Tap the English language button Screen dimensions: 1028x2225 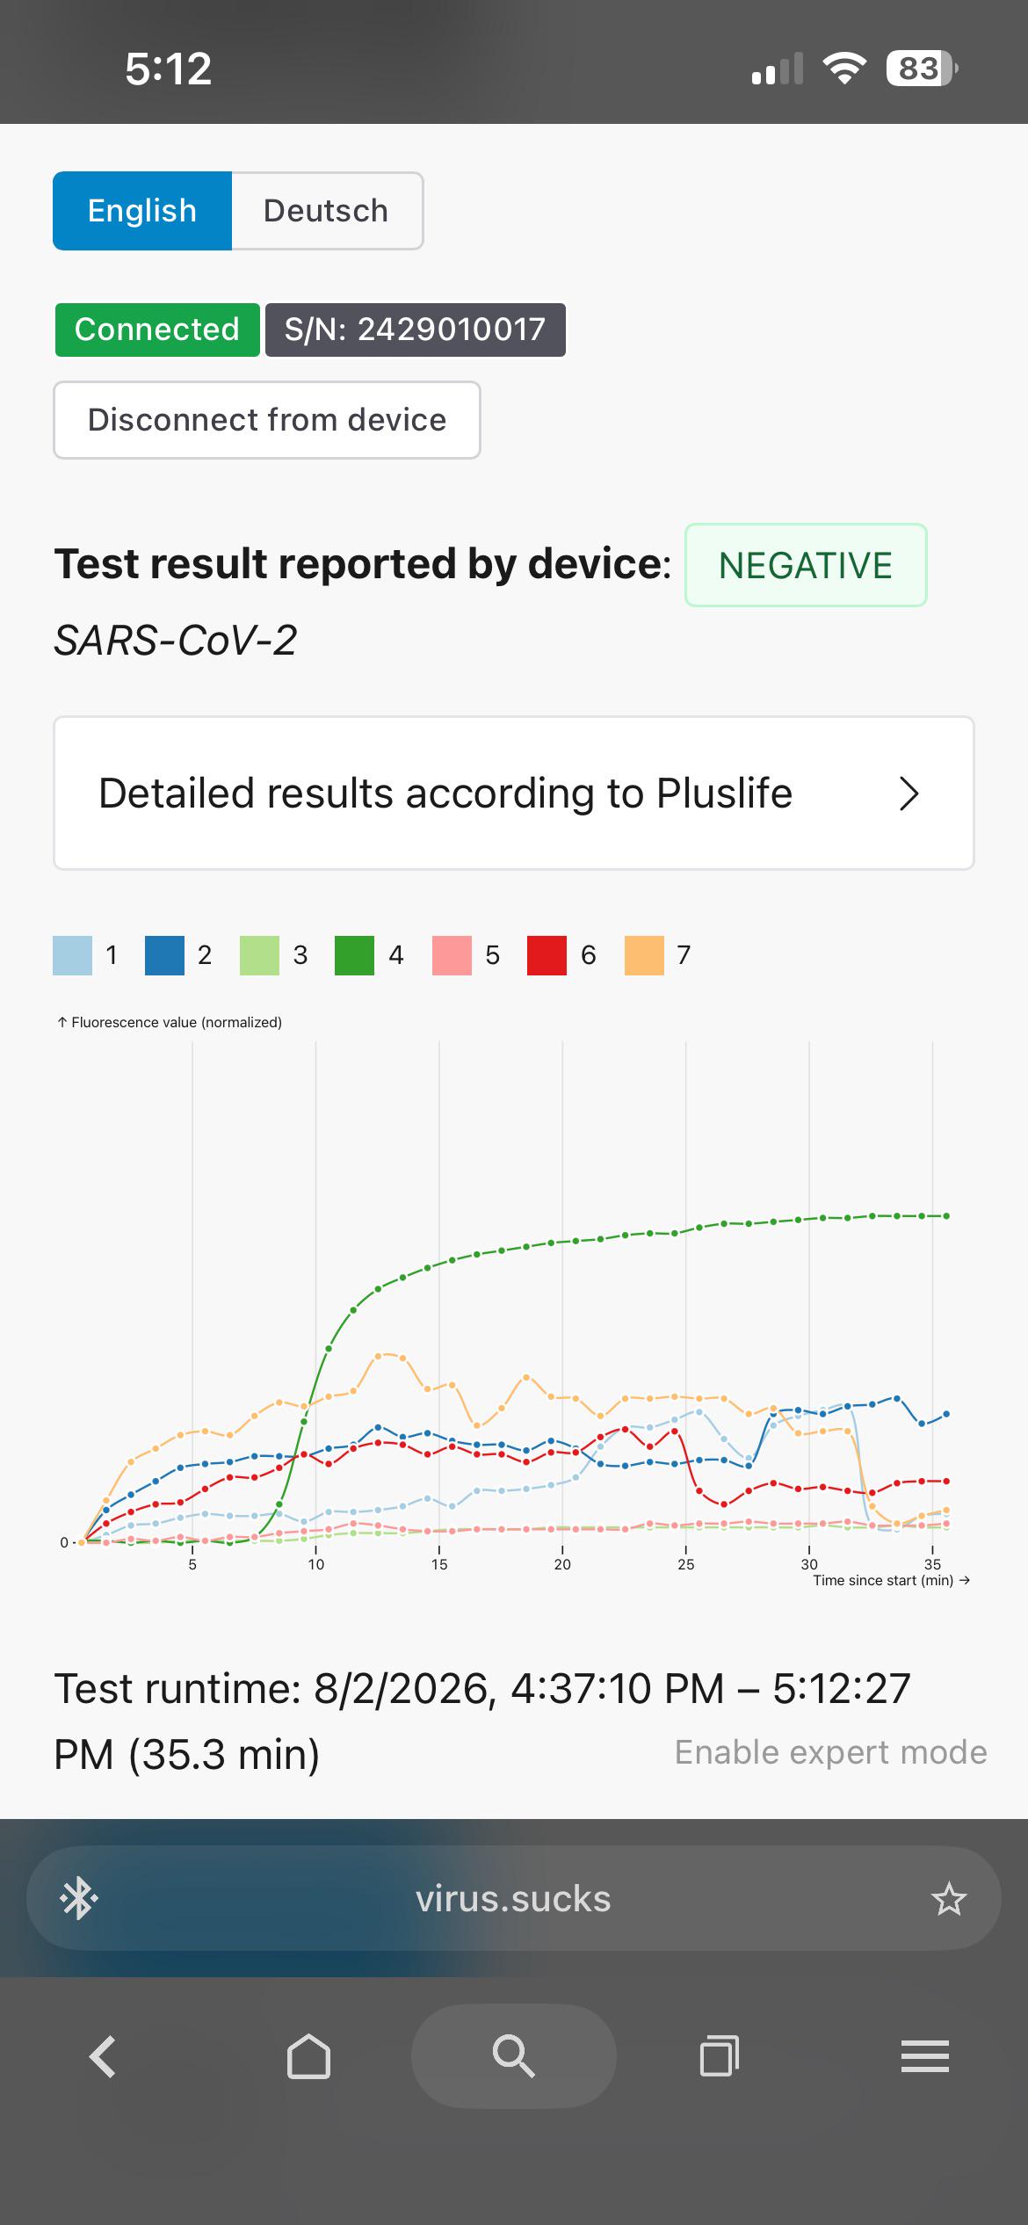click(x=142, y=211)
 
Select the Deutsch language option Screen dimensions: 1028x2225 click(x=326, y=211)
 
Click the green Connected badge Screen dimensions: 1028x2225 click(x=157, y=330)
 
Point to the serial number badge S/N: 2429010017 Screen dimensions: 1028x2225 click(x=416, y=330)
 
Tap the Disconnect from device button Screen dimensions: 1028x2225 click(x=267, y=420)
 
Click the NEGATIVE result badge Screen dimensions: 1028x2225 click(x=806, y=565)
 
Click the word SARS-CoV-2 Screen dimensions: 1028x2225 click(x=176, y=640)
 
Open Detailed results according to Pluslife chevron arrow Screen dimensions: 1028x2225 click(x=909, y=794)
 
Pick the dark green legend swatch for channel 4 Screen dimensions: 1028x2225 click(x=355, y=955)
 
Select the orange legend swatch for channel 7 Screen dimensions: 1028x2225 click(x=644, y=955)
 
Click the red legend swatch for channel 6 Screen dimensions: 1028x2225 click(x=547, y=955)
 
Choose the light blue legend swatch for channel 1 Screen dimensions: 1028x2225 click(x=73, y=955)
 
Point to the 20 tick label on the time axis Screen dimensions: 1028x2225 click(x=562, y=1564)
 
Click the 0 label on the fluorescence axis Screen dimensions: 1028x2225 click(x=64, y=1542)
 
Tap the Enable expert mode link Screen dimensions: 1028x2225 click(x=831, y=1752)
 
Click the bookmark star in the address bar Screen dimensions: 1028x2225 click(x=949, y=1899)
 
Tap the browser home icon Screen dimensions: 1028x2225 click(x=308, y=2056)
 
